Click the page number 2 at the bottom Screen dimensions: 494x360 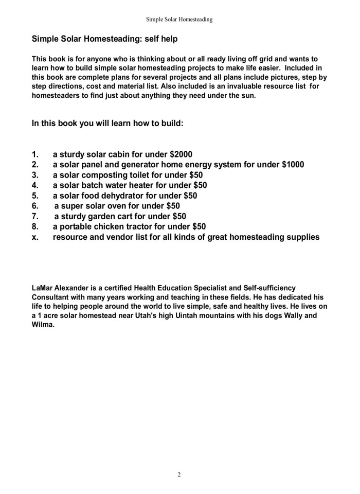(x=179, y=474)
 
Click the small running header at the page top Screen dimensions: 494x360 (x=179, y=20)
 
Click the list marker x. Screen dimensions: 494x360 (x=34, y=237)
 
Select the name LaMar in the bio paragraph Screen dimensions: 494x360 (x=44, y=287)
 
